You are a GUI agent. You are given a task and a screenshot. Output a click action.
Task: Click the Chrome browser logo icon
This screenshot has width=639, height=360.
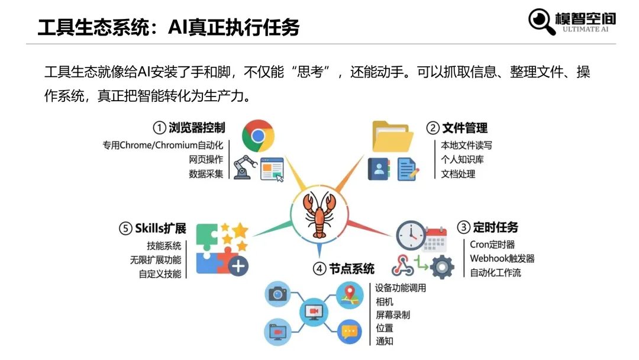coord(258,136)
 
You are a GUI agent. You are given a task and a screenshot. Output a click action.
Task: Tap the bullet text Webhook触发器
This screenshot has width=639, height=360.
coord(502,259)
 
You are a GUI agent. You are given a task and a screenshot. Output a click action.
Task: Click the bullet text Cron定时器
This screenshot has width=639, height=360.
coord(492,244)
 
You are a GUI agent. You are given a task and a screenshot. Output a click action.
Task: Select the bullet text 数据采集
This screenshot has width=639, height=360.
coord(206,174)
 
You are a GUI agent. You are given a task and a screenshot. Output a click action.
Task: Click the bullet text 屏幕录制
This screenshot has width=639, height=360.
coord(393,315)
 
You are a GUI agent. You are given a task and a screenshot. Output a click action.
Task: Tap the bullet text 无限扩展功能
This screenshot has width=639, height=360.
coord(156,260)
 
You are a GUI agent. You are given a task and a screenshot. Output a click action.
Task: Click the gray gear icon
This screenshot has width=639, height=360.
coord(442,266)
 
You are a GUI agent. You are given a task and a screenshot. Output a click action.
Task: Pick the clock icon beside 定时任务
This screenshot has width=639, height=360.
coord(411,235)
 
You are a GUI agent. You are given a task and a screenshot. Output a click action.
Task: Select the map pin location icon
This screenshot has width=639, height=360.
coord(349,294)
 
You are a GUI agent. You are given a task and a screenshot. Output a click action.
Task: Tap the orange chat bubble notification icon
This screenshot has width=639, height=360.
coord(349,332)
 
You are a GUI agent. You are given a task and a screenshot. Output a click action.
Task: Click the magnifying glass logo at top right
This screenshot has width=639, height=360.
coord(542,21)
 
